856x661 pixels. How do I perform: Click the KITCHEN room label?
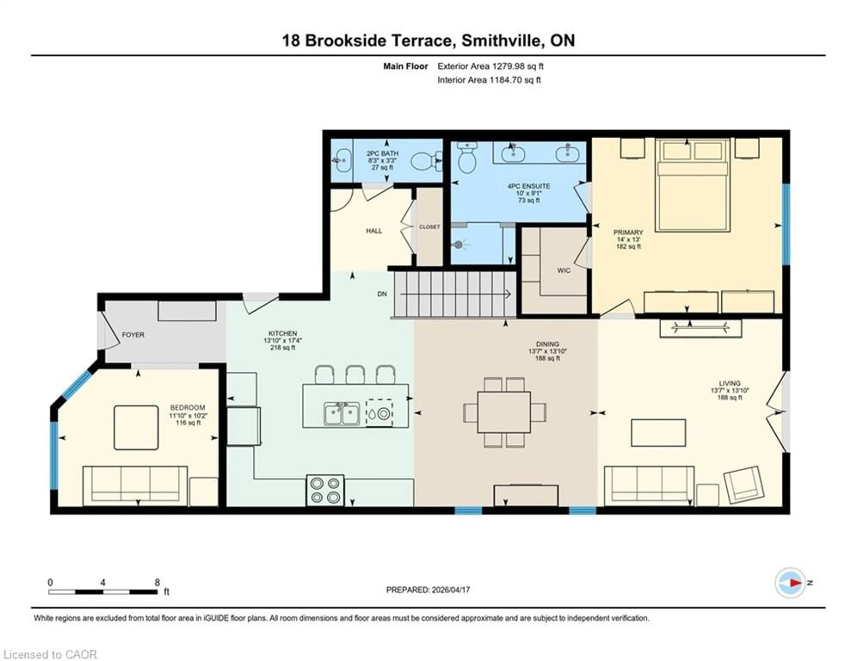click(x=283, y=333)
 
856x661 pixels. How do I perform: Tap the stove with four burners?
click(x=325, y=490)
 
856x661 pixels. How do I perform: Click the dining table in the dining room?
click(x=504, y=412)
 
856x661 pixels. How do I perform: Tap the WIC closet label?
click(x=564, y=271)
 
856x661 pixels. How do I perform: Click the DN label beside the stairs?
click(x=382, y=294)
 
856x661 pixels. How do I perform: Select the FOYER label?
click(x=133, y=335)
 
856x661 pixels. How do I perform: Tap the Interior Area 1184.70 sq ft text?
click(x=489, y=80)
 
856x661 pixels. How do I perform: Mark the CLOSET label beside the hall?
click(x=429, y=227)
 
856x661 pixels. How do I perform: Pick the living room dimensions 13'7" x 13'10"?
click(x=730, y=390)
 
